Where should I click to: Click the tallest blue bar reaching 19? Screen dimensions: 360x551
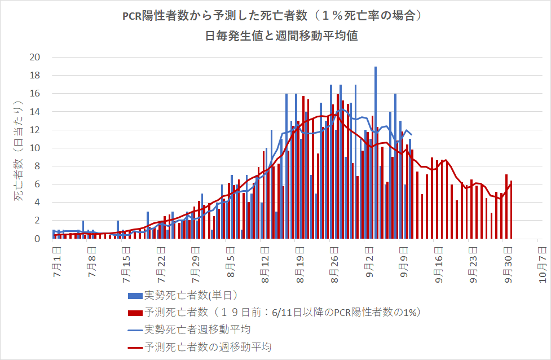tap(375, 152)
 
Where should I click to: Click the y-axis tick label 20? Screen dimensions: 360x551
tap(35, 57)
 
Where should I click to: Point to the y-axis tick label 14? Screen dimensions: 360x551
tap(35, 112)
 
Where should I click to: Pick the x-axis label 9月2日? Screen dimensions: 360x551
tap(369, 258)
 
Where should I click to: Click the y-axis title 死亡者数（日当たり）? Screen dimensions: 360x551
tap(19, 148)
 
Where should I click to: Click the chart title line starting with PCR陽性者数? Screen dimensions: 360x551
tap(275, 16)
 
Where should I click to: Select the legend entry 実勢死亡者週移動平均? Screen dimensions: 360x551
tap(197, 329)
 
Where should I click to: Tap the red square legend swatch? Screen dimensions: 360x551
tap(135, 313)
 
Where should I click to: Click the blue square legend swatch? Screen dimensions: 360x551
tap(135, 296)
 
